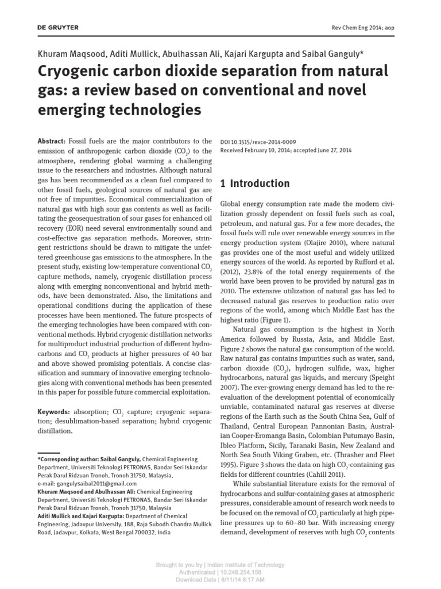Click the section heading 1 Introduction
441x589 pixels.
point(255,183)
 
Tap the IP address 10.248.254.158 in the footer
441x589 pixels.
point(240,573)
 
